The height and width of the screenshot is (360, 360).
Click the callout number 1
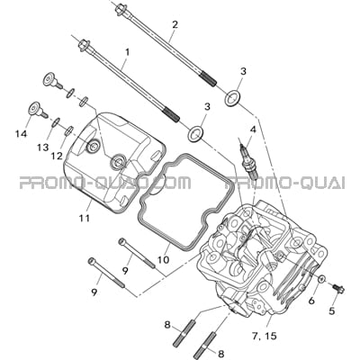tap(127, 53)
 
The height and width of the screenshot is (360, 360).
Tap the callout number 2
tap(175, 24)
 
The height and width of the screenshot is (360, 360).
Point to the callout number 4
tap(253, 130)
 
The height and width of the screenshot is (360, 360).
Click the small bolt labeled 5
tap(338, 288)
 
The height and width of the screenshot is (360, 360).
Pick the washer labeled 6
tap(321, 279)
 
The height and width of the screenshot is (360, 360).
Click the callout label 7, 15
tap(264, 337)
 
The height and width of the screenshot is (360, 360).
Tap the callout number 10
tap(164, 260)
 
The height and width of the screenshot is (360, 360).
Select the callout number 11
tap(85, 218)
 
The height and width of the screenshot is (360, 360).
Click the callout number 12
tap(57, 156)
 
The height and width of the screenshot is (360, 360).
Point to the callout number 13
tap(43, 148)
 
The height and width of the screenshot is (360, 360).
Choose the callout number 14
tap(22, 133)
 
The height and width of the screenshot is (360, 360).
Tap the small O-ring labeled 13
tap(56, 121)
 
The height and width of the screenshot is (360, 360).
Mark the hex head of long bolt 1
tap(83, 46)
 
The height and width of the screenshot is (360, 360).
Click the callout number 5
tap(331, 311)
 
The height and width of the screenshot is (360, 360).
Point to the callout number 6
tap(311, 300)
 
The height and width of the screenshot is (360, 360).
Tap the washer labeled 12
tap(69, 130)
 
